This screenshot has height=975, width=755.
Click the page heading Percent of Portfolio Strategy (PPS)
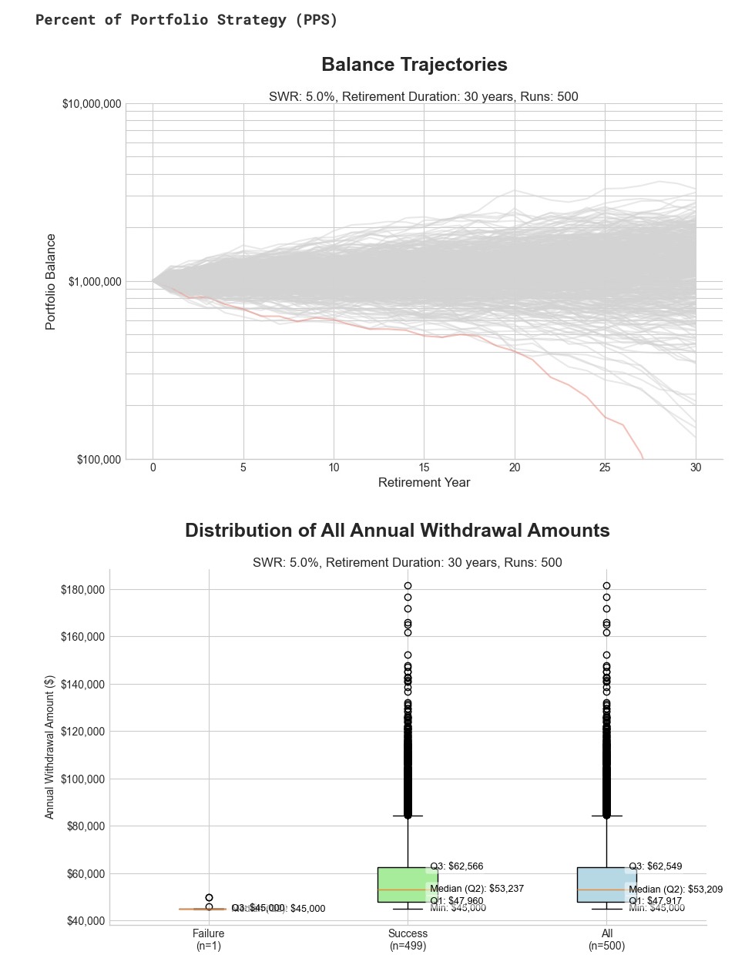coord(186,20)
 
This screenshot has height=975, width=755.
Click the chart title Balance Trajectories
coord(414,65)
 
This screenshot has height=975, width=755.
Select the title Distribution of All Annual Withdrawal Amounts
coord(397,531)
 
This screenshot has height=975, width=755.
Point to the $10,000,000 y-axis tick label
coord(92,104)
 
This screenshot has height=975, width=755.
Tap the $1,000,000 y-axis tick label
coord(95,282)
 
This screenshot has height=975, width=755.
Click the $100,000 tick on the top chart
coord(99,460)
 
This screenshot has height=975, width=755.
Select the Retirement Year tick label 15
coord(424,467)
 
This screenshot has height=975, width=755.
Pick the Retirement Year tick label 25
coord(605,467)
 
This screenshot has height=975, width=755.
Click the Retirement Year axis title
coord(424,483)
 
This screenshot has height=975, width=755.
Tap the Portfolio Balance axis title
coord(51,282)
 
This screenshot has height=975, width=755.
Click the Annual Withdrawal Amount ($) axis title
coord(50,747)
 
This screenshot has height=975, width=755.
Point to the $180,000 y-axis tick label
coord(82,590)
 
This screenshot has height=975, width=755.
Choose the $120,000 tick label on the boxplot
coord(82,732)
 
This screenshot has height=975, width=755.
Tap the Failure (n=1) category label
coord(209,940)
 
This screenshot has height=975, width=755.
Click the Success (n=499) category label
coord(408,940)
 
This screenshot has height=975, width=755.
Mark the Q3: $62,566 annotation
coord(457,866)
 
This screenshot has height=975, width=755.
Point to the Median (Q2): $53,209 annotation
coord(676,890)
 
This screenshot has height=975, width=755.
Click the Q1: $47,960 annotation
coord(457,900)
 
